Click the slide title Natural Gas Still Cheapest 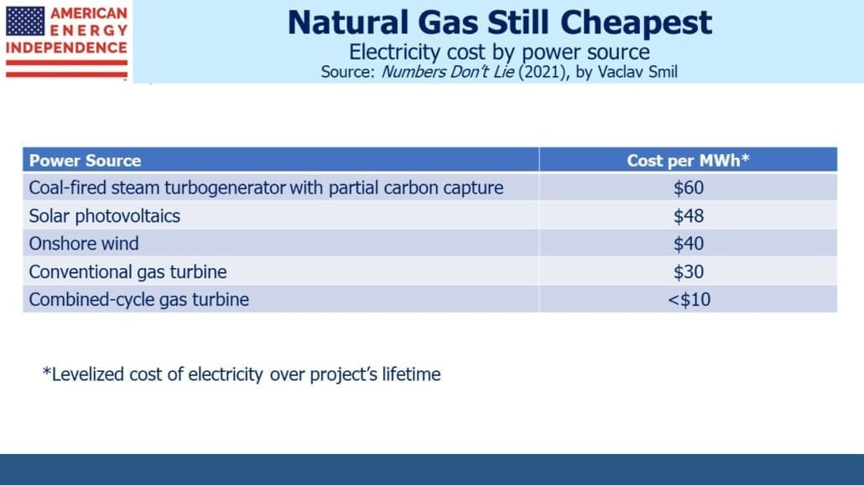pyautogui.click(x=499, y=23)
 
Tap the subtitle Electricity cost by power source pyautogui.click(x=499, y=52)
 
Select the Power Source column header pyautogui.click(x=85, y=160)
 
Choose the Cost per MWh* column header pyautogui.click(x=688, y=160)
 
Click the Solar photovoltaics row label pyautogui.click(x=104, y=216)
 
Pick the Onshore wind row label pyautogui.click(x=84, y=243)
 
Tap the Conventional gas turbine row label pyautogui.click(x=128, y=271)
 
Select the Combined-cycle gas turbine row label pyautogui.click(x=139, y=300)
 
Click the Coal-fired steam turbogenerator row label pyautogui.click(x=266, y=188)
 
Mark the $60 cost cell pyautogui.click(x=688, y=188)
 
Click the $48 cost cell pyautogui.click(x=688, y=216)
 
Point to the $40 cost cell pyautogui.click(x=688, y=243)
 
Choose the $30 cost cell pyautogui.click(x=688, y=271)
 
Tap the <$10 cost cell pyautogui.click(x=689, y=300)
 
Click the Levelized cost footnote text pyautogui.click(x=242, y=374)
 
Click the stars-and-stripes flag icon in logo pyautogui.click(x=25, y=22)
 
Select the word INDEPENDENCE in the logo pyautogui.click(x=66, y=48)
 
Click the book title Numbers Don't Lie pyautogui.click(x=447, y=72)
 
